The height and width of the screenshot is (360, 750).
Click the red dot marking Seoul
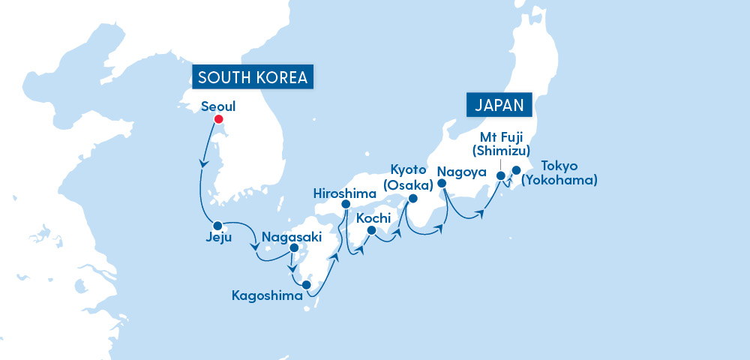pos(218,119)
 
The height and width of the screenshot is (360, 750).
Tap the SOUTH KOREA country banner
pos(253,78)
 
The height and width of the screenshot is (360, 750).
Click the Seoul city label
pos(219,106)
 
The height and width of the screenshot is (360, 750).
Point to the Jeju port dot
pos(217,226)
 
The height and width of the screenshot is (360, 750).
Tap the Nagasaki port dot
pos(294,248)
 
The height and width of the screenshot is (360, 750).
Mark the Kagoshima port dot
pos(306,284)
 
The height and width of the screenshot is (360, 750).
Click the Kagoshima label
pos(268,296)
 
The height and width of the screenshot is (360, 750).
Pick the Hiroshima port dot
pos(346,204)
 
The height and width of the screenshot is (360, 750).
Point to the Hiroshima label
pos(345,193)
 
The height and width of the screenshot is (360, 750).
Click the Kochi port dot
pos(371,230)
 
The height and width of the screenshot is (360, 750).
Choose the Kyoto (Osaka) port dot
pos(412,199)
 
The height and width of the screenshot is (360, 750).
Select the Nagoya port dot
pos(442,182)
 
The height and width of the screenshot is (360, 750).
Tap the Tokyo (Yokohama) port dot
pos(516,170)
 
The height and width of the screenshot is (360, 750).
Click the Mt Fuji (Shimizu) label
pos(505,143)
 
